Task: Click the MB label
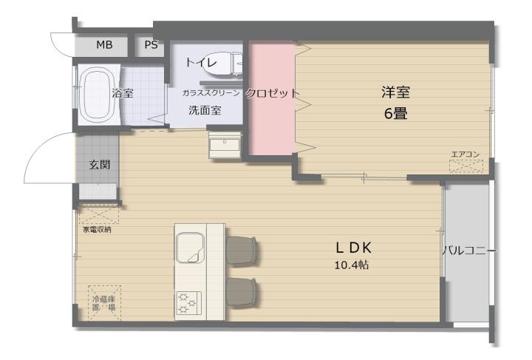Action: [104, 45]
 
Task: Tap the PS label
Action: [151, 45]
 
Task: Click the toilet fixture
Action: [222, 64]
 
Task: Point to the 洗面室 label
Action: [205, 110]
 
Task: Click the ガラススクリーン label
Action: [211, 93]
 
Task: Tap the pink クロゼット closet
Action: [272, 98]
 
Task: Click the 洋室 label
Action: [395, 92]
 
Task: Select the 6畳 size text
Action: [395, 114]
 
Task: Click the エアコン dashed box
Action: [466, 166]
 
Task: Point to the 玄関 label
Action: [100, 165]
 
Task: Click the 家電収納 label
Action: [97, 230]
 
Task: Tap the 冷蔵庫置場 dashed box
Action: [104, 303]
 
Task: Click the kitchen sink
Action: [190, 248]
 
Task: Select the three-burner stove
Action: [188, 303]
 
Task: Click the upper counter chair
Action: [241, 251]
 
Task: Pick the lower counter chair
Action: [241, 293]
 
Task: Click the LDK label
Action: [353, 248]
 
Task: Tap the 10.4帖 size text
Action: [352, 265]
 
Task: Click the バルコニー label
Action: [469, 251]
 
